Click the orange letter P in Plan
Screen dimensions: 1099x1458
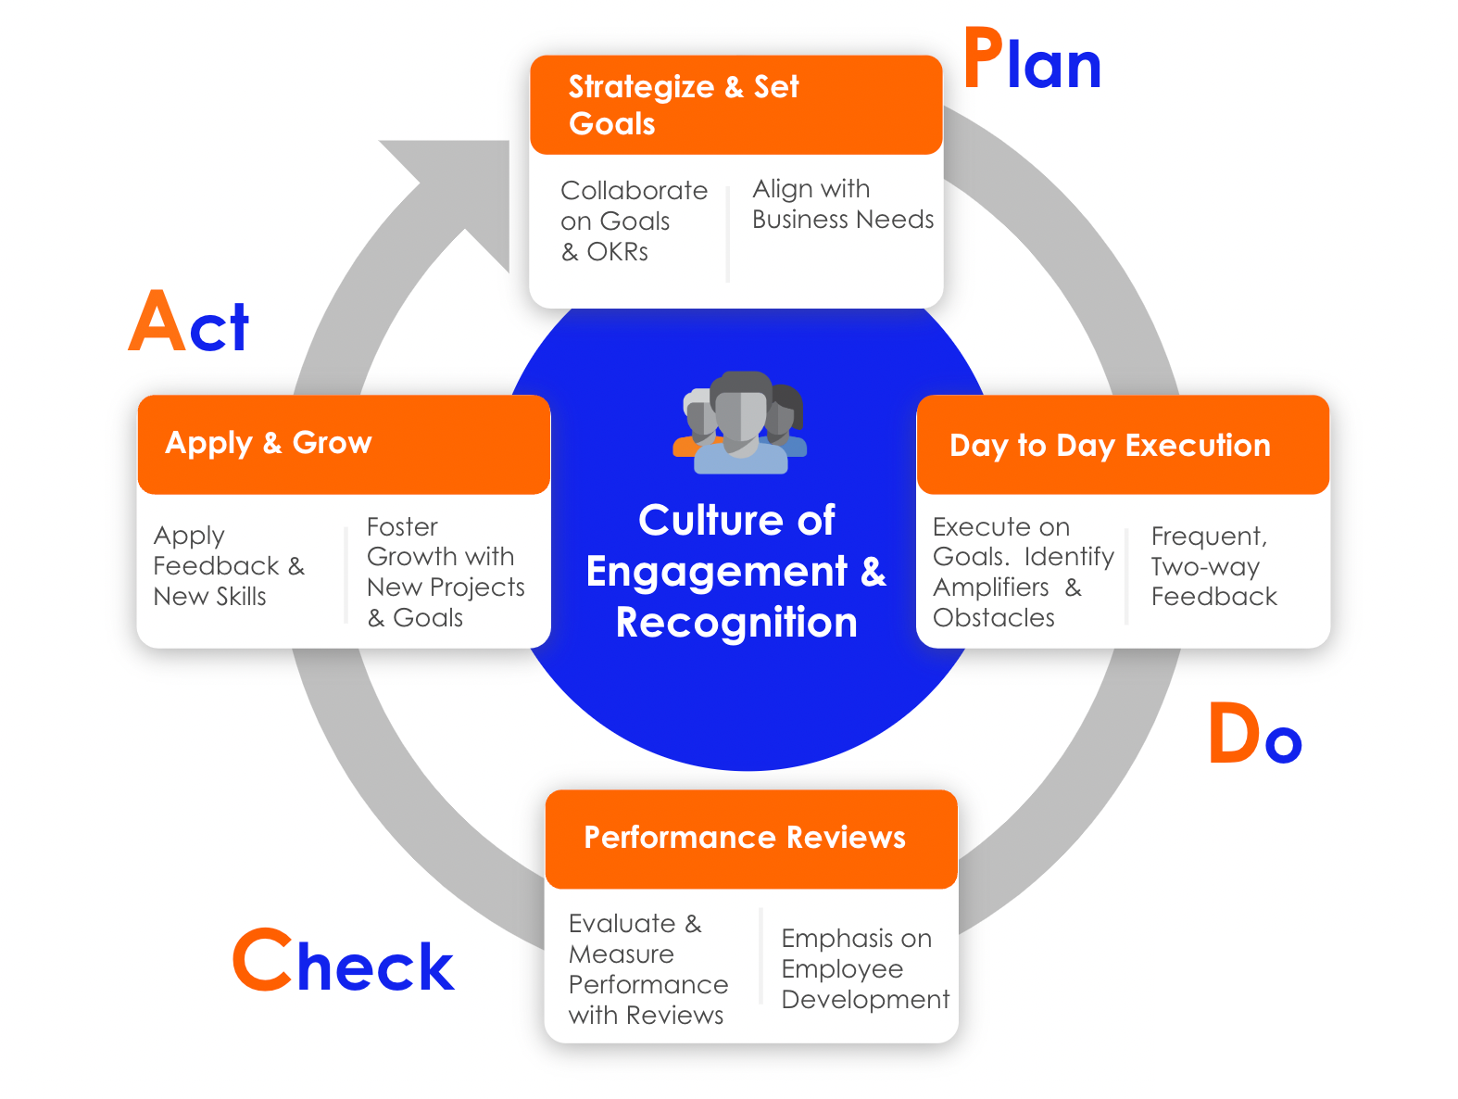tap(984, 58)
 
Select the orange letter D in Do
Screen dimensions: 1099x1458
tap(1234, 733)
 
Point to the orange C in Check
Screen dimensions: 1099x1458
tap(262, 960)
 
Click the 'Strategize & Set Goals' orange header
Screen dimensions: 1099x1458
tap(735, 105)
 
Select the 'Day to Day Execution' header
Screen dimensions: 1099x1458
tap(1122, 445)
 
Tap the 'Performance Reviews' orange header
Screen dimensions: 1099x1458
tap(750, 838)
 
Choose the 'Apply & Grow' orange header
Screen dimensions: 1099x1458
tap(343, 444)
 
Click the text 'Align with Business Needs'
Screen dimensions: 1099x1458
tap(842, 204)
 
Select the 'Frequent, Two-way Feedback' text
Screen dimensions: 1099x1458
tap(1213, 566)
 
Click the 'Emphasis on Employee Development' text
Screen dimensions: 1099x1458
tap(863, 968)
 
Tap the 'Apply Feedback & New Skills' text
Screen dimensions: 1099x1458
tap(227, 566)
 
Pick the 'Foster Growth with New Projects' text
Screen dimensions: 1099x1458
tap(445, 572)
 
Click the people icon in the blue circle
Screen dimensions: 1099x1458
tap(740, 423)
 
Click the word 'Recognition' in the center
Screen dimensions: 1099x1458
tap(736, 623)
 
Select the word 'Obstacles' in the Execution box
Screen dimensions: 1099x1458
tap(993, 618)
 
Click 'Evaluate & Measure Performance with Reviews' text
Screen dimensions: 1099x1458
tap(647, 969)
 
